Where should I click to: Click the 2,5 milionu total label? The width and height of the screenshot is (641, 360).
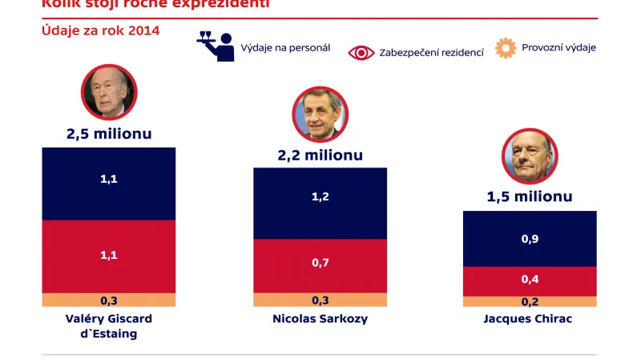click(x=109, y=134)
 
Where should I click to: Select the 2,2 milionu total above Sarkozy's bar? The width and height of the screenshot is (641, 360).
click(x=320, y=155)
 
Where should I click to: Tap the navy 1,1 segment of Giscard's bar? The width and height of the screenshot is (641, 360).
click(x=109, y=180)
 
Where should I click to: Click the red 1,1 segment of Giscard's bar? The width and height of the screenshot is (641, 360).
click(x=109, y=255)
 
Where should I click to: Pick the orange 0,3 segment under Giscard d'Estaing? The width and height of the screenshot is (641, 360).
click(x=109, y=300)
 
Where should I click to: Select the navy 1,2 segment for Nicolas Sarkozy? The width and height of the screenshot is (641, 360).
click(x=320, y=196)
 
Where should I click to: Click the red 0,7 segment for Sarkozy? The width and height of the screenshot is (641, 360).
click(x=320, y=263)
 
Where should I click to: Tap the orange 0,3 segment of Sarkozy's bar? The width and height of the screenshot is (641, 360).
click(x=320, y=300)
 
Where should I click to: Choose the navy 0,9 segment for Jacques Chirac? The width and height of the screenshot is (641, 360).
click(x=530, y=238)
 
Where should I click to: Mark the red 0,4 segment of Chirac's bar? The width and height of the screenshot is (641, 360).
click(x=530, y=279)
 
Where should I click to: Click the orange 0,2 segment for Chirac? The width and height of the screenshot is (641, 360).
click(x=530, y=302)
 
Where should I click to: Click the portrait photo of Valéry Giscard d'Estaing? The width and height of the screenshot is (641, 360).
click(x=109, y=91)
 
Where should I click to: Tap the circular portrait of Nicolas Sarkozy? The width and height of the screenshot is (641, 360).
click(x=320, y=114)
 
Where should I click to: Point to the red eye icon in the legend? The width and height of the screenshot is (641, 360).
click(x=361, y=52)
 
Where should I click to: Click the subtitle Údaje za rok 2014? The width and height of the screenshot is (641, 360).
click(x=100, y=30)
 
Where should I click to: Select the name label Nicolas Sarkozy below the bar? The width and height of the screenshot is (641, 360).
click(x=320, y=318)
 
